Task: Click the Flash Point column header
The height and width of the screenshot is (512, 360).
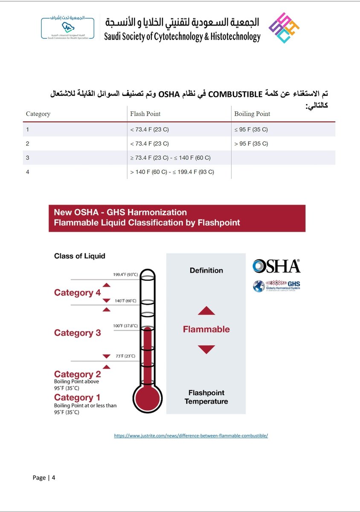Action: pos(145,114)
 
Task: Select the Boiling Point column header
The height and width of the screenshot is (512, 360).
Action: pos(252,114)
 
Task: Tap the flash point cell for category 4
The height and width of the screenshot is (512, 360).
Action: pos(172,172)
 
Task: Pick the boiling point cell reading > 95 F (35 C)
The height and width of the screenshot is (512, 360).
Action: pos(251,143)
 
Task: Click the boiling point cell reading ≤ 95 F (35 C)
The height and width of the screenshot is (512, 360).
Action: pos(251,129)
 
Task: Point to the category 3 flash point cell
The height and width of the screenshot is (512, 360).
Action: pos(170,158)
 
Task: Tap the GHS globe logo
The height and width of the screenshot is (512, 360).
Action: pos(258,286)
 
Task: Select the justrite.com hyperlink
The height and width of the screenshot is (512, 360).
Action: pos(191,436)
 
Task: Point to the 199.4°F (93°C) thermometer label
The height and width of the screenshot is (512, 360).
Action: pos(125,274)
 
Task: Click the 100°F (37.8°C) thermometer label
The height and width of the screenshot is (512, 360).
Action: pos(125,326)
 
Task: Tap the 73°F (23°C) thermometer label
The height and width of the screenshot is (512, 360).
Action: pos(125,356)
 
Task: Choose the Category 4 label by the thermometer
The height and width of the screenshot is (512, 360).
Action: pos(77,293)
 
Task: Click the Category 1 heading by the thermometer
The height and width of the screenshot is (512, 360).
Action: pos(77,398)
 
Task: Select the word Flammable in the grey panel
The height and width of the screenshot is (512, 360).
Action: pos(206,329)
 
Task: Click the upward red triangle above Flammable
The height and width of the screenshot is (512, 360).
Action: pos(206,311)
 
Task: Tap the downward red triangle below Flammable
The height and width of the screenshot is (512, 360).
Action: pos(206,349)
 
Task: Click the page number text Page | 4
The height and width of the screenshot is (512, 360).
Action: pos(44,477)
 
